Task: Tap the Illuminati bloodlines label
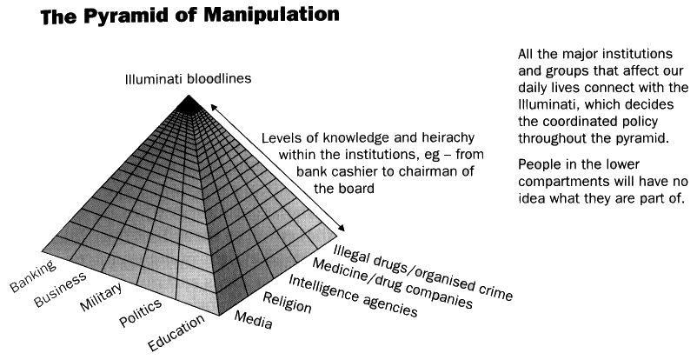187,79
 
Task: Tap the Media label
254,321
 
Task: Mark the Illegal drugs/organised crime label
422,262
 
